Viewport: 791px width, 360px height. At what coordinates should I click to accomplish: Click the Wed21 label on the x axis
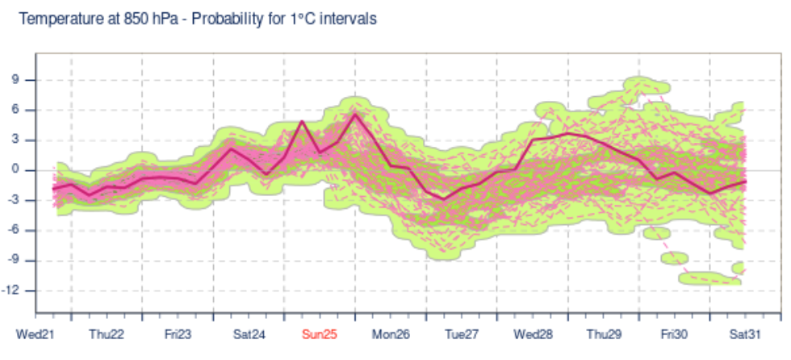pyautogui.click(x=35, y=334)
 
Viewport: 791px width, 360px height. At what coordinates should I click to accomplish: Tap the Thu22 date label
pyautogui.click(x=107, y=334)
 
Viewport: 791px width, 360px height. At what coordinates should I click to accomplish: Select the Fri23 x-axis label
pyautogui.click(x=178, y=334)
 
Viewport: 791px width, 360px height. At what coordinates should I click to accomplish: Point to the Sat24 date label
pyautogui.click(x=249, y=334)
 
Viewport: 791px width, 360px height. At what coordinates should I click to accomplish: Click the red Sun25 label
pyautogui.click(x=320, y=334)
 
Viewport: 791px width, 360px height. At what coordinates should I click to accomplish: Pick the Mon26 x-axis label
pyautogui.click(x=391, y=334)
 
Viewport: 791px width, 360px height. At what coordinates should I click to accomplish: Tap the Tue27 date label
pyautogui.click(x=462, y=334)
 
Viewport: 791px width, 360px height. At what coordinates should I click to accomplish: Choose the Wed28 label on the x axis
pyautogui.click(x=533, y=334)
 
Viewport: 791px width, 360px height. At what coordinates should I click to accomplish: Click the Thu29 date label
pyautogui.click(x=604, y=334)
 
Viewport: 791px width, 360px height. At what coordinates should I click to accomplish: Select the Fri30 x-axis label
pyautogui.click(x=674, y=334)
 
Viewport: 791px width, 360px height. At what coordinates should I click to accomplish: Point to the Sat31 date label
pyautogui.click(x=745, y=334)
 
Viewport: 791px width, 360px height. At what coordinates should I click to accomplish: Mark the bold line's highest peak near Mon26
pyautogui.click(x=355, y=114)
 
